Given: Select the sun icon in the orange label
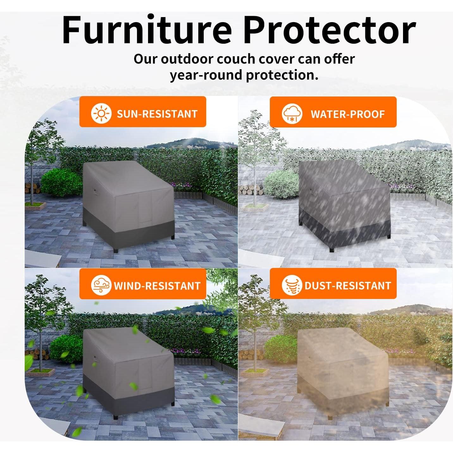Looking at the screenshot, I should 101,113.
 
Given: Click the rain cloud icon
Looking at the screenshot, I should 292,114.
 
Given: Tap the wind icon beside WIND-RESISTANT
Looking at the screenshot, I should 101,285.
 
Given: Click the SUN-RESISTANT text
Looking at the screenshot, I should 157,114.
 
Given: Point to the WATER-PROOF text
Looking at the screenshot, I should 347,114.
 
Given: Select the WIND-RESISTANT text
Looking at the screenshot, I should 157,286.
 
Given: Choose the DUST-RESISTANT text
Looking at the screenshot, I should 348,286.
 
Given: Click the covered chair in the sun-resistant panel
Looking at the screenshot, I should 128,206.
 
